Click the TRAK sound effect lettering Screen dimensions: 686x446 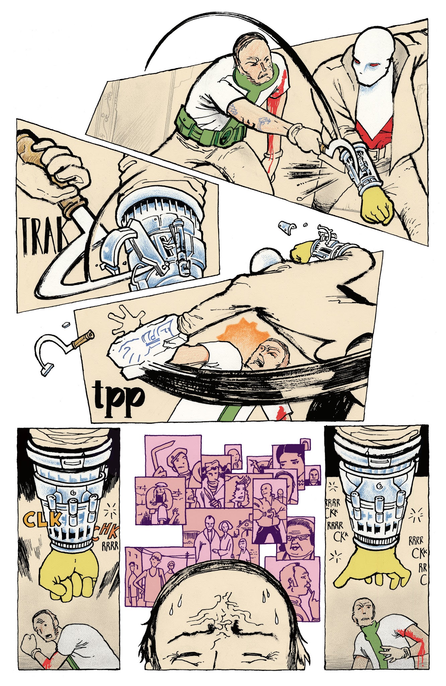coord(42,234)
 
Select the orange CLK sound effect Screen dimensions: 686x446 coord(42,520)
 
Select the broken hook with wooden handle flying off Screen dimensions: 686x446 coord(64,348)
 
